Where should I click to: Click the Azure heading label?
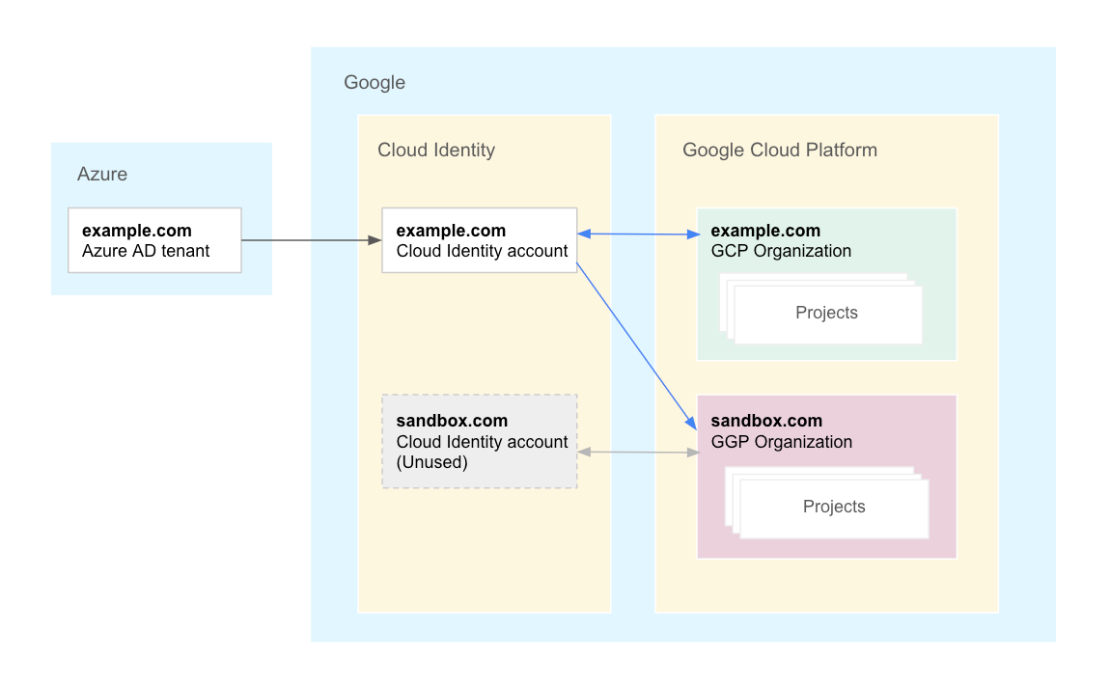pyautogui.click(x=102, y=175)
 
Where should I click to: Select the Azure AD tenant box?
pyautogui.click(x=154, y=240)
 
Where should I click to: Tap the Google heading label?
pyautogui.click(x=375, y=83)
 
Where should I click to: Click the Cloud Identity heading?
pyautogui.click(x=436, y=150)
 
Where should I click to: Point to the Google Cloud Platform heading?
pyautogui.click(x=780, y=150)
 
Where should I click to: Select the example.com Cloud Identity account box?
pyautogui.click(x=480, y=240)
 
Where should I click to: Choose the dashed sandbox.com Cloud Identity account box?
pyautogui.click(x=480, y=441)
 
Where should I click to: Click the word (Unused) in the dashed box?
pyautogui.click(x=431, y=462)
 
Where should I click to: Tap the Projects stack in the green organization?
pyautogui.click(x=826, y=313)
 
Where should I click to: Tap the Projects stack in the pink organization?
pyautogui.click(x=834, y=507)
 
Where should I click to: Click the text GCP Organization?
pyautogui.click(x=781, y=251)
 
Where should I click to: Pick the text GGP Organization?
pyautogui.click(x=782, y=442)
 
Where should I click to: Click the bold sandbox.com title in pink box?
pyautogui.click(x=766, y=421)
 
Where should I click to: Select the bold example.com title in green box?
pyautogui.click(x=765, y=231)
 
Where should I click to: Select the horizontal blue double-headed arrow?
pyautogui.click(x=638, y=234)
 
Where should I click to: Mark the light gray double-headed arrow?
pyautogui.click(x=638, y=452)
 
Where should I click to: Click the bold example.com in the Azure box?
pyautogui.click(x=137, y=231)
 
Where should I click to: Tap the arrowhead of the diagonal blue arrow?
pyautogui.click(x=691, y=424)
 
